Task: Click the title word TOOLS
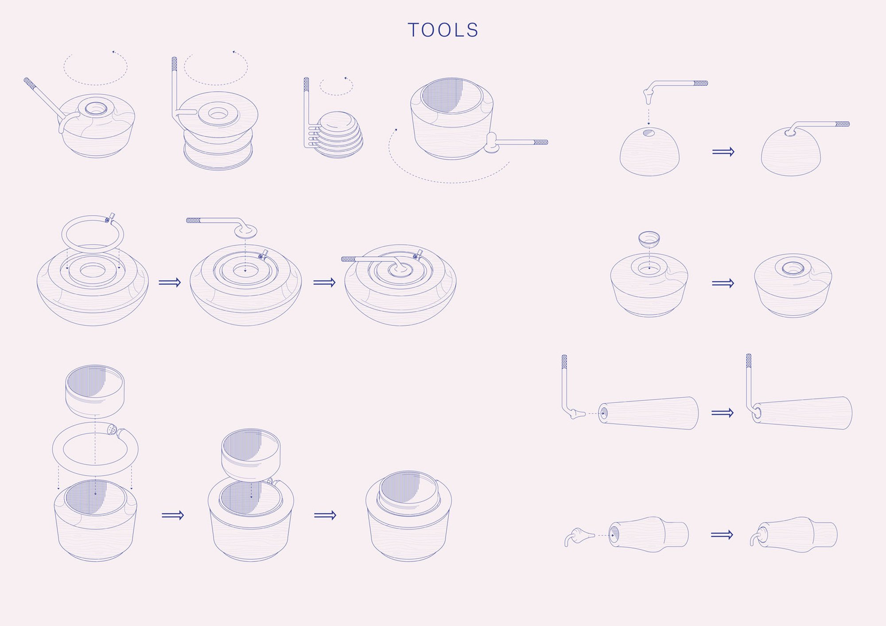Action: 443,30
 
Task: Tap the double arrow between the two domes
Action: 723,152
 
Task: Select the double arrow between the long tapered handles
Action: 723,413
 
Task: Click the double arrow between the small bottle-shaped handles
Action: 722,535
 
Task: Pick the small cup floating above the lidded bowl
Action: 649,239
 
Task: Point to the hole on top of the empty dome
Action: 649,132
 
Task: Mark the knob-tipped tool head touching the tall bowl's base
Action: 491,143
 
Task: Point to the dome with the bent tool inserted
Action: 791,153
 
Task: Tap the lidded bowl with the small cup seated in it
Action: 793,286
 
